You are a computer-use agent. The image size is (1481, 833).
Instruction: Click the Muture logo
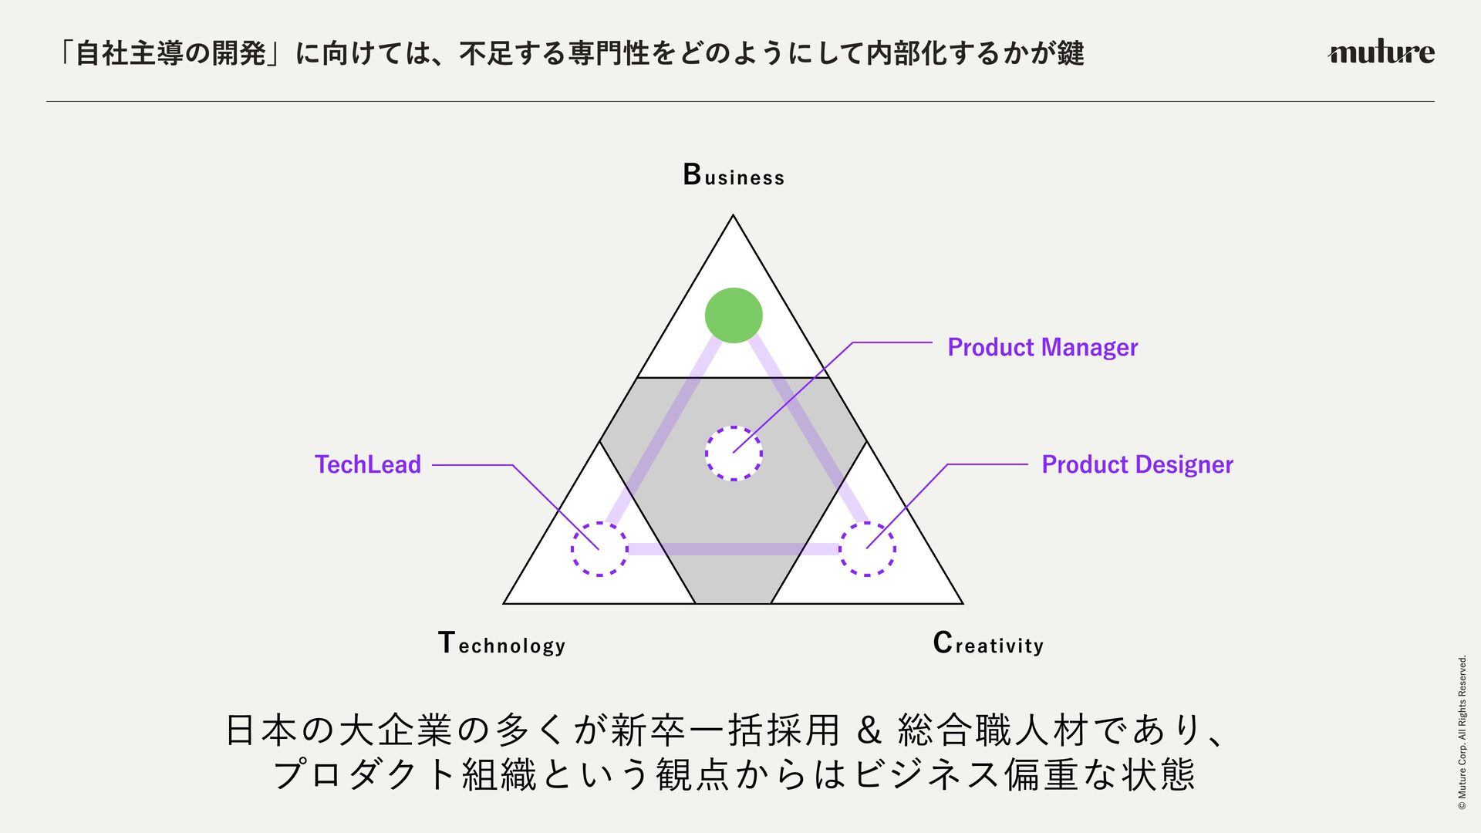point(1381,52)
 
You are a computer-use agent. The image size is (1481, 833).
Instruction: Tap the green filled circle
point(734,315)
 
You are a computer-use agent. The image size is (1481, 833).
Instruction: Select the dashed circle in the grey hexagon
point(734,454)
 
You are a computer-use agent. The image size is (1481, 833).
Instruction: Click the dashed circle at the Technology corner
point(599,549)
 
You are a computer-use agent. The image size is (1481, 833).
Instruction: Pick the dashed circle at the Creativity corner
point(867,549)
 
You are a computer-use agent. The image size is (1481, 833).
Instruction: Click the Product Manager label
point(1042,348)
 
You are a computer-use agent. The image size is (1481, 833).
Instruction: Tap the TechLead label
point(368,464)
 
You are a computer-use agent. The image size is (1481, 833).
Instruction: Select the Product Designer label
point(1137,464)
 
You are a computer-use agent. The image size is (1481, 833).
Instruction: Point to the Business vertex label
point(734,175)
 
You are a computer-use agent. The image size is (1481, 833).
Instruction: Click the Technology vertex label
point(501,643)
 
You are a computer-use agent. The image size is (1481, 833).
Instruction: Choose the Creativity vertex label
point(987,643)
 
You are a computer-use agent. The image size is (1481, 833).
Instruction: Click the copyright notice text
point(1462,733)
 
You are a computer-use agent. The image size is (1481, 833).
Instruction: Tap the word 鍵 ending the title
point(1071,53)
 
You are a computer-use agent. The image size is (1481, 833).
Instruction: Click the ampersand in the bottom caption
point(869,731)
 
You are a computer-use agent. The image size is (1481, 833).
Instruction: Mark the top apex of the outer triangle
point(734,216)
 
